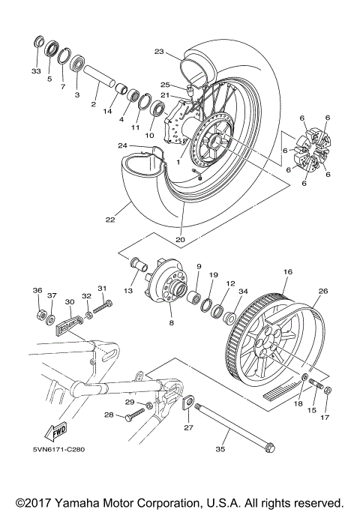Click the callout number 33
tap(35, 71)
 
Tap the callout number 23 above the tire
tap(158, 52)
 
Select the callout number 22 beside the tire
tap(110, 220)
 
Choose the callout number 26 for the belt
tap(323, 292)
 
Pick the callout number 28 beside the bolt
tap(108, 415)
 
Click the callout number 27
tap(187, 428)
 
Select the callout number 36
tap(37, 291)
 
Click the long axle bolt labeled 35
tap(232, 427)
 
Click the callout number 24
tap(121, 145)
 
